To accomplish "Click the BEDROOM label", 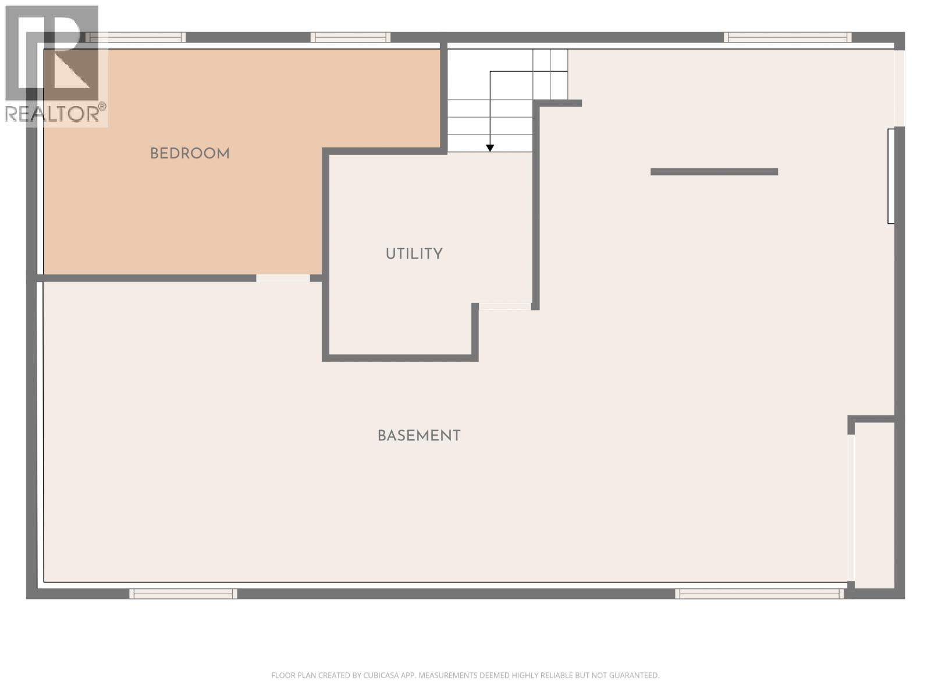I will click(190, 154).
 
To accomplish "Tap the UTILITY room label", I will click(414, 254).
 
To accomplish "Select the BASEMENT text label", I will click(419, 436).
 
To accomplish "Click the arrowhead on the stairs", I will click(490, 148).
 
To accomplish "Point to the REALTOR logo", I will click(55, 64).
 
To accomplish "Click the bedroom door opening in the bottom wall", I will click(283, 278).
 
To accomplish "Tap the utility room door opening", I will click(504, 306).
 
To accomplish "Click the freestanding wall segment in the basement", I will click(714, 172).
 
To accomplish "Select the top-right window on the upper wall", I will click(787, 37).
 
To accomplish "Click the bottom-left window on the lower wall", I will click(183, 594).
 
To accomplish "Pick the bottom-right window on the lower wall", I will click(759, 594).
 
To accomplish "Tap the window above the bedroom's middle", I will click(350, 37).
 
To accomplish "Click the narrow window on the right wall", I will click(891, 176).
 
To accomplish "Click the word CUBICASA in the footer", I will click(381, 676).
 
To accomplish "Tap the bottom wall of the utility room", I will click(400, 358).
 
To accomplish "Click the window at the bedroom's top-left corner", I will click(136, 37).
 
